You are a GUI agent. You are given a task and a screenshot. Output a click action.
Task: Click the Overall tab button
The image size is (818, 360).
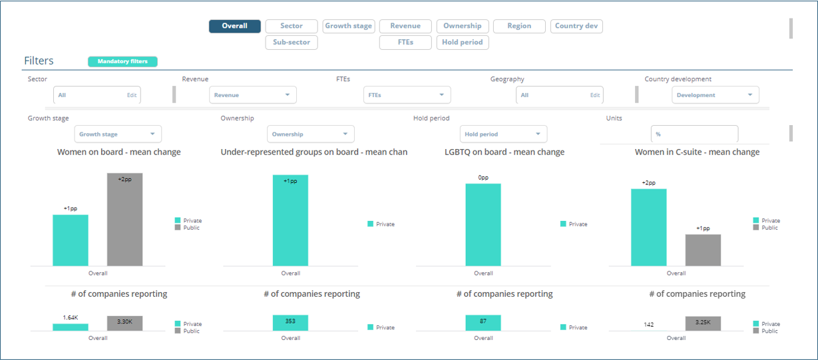pos(234,26)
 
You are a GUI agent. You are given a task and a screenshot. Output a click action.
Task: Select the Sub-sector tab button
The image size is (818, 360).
pos(291,43)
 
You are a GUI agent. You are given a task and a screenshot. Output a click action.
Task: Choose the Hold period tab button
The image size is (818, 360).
pos(463,43)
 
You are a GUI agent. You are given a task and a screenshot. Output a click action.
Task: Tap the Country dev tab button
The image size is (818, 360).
pos(576,26)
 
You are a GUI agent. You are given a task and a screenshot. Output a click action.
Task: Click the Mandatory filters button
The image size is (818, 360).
pos(122,62)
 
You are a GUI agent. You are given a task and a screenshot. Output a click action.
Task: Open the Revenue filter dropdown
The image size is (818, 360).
pos(252,95)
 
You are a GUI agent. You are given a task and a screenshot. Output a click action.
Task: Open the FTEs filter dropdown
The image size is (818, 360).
pos(407,95)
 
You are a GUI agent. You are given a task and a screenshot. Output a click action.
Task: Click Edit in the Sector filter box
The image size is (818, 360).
pos(132,95)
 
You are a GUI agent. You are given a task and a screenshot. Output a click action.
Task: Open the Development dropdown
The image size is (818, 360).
pos(715,95)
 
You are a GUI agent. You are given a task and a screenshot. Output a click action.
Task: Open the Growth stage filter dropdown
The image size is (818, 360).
pos(117,134)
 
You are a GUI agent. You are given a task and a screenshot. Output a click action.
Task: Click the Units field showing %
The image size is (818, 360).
pos(694,134)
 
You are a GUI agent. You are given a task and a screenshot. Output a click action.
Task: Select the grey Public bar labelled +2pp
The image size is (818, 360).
pos(124,220)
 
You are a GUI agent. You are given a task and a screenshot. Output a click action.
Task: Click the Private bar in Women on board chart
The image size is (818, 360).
pos(71,240)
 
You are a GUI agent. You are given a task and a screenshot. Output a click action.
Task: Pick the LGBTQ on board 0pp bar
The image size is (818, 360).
pos(483,225)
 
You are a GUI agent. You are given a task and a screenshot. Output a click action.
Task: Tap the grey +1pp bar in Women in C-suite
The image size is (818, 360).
pos(703,250)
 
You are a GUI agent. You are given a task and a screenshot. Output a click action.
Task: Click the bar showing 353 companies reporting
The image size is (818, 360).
pos(290,323)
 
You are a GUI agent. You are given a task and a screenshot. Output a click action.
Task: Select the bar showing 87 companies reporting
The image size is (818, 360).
pos(483,323)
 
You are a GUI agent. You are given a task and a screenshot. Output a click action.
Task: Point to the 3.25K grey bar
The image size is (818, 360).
pos(703,323)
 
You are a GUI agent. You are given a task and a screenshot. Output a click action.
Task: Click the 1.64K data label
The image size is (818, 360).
pos(71,318)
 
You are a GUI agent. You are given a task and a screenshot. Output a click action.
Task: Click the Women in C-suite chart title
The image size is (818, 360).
pos(697,152)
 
